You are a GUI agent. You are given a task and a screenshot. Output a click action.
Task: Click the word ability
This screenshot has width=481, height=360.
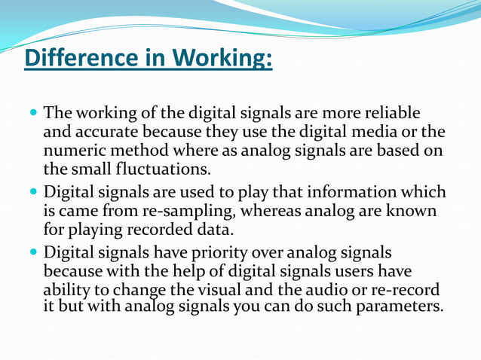[66, 291]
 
